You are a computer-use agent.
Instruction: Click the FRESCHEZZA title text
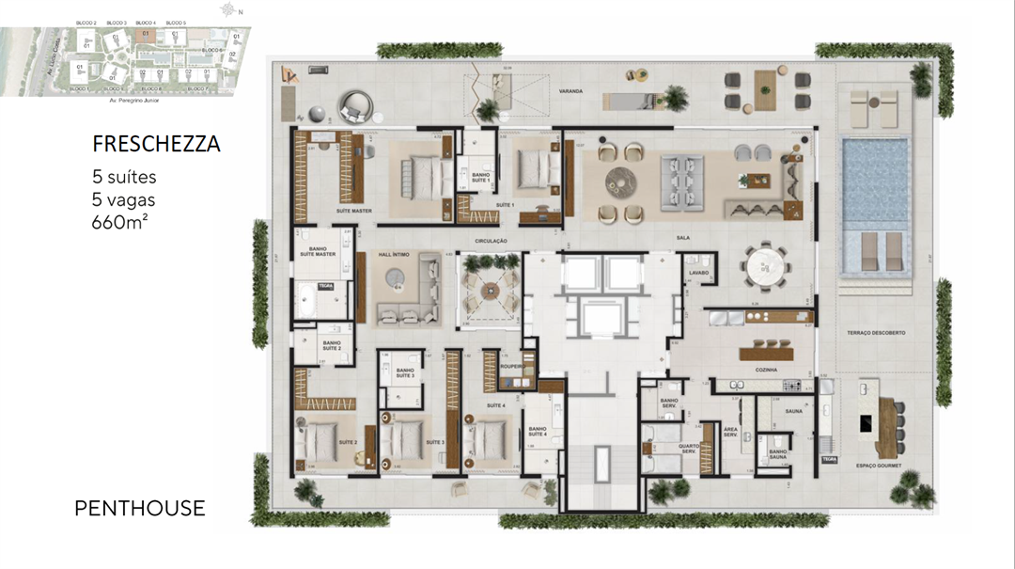pos(156,144)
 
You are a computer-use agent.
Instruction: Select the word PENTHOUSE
pos(139,509)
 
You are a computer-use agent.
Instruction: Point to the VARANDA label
pos(570,92)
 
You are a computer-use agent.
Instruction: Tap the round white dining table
pos(770,266)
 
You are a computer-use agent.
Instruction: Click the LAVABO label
pos(698,273)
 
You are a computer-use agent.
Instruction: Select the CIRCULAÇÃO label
pos(490,241)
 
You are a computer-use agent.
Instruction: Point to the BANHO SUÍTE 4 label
pos(538,431)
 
